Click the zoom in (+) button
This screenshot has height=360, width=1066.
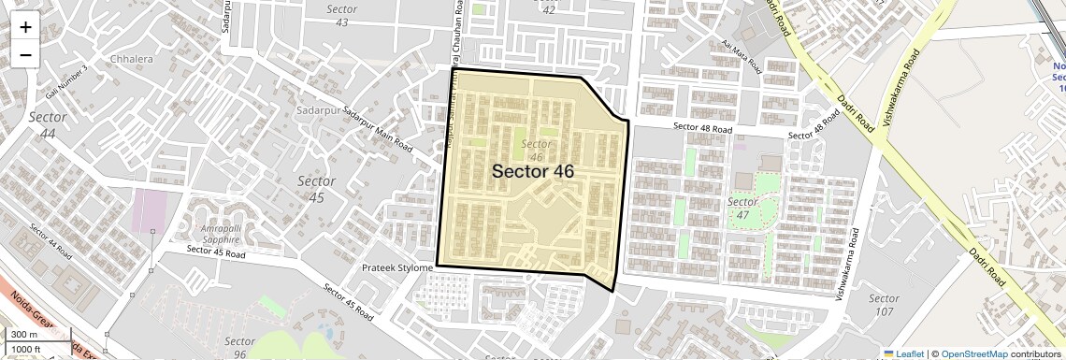pos(25,27)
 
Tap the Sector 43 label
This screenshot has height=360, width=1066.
pos(342,15)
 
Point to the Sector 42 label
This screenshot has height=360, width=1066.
pos(549,8)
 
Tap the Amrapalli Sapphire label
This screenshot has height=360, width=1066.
pos(227,234)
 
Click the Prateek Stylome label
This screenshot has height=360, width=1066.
pos(397,268)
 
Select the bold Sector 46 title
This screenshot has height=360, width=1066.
pos(533,171)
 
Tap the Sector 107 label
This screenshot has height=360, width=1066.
pos(883,305)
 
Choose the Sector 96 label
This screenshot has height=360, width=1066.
pos(240,347)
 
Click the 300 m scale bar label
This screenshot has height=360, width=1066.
pos(24,334)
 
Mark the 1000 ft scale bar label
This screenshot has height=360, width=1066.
pos(27,349)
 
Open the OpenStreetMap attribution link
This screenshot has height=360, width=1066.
pos(974,353)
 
